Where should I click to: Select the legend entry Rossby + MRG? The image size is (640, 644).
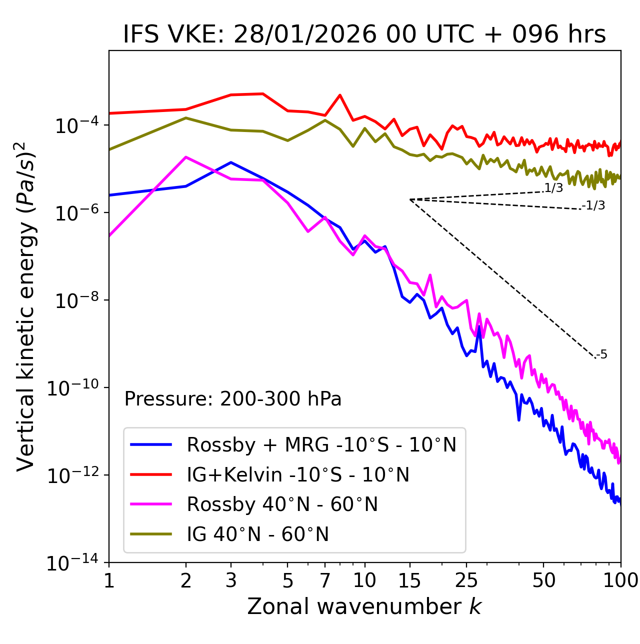[x=321, y=444]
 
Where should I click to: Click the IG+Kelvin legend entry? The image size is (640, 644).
[x=298, y=474]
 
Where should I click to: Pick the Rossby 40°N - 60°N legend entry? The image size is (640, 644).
[x=282, y=504]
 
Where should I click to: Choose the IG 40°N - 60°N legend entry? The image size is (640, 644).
[x=257, y=534]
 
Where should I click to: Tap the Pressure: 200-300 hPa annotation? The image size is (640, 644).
[x=233, y=399]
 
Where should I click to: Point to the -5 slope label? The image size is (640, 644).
[x=601, y=355]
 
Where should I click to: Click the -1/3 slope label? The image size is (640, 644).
[x=594, y=205]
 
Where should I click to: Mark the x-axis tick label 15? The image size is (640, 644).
[x=409, y=580]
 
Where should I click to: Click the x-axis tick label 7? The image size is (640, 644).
[x=325, y=580]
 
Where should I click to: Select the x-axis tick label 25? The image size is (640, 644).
[x=466, y=580]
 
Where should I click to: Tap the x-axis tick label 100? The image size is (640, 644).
[x=620, y=580]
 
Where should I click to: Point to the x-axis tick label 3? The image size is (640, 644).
[x=231, y=580]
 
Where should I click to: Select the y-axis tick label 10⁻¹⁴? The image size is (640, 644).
[x=72, y=563]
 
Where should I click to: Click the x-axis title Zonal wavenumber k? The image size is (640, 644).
[x=364, y=606]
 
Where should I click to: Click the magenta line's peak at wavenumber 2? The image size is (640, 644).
[x=186, y=157]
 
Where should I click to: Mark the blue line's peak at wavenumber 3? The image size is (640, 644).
[x=231, y=162]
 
